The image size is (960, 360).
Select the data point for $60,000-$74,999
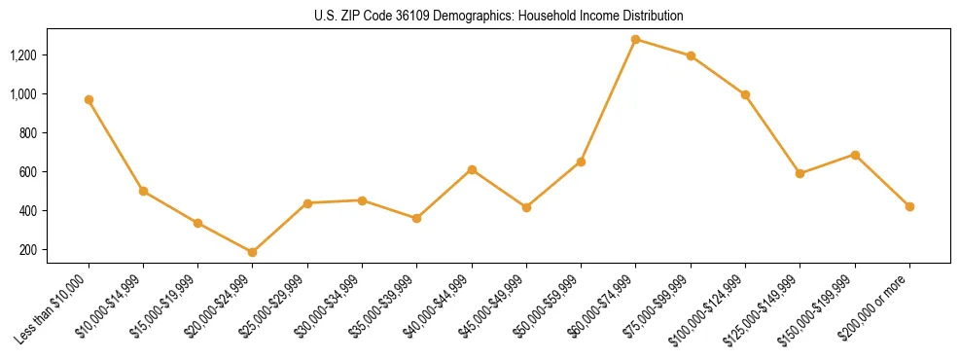(636, 40)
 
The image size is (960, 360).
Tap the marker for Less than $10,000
(89, 99)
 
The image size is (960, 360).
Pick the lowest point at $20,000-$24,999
(253, 252)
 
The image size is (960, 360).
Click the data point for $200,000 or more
(909, 206)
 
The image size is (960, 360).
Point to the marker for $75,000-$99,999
(691, 55)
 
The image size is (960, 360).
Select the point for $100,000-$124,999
(745, 94)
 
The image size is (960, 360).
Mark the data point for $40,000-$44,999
(472, 169)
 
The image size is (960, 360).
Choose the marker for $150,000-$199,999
(855, 155)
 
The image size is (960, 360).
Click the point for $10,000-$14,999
(143, 191)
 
